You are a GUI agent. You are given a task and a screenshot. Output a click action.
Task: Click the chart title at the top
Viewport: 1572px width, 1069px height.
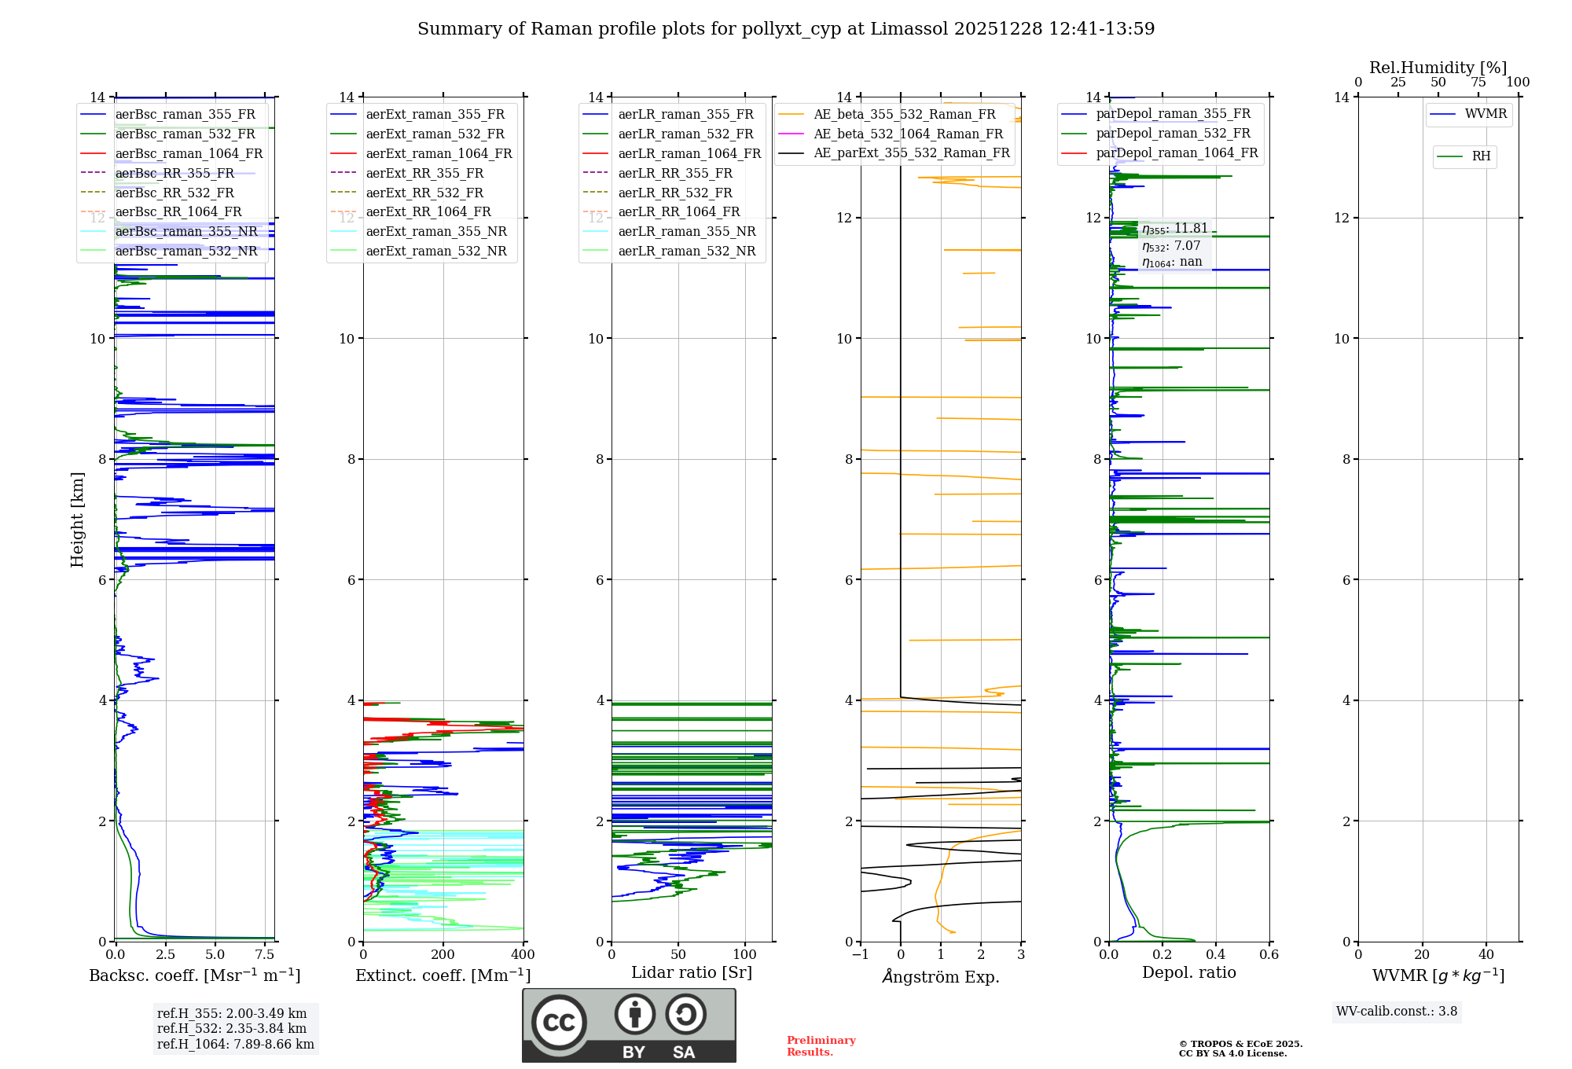pos(786,29)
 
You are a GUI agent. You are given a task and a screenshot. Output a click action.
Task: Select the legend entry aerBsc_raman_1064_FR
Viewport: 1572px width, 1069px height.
pos(189,153)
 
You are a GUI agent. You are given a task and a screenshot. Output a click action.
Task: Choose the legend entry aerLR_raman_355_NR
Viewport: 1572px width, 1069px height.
pos(686,231)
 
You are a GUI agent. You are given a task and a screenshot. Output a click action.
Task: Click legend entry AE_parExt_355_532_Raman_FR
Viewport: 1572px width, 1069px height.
pos(912,152)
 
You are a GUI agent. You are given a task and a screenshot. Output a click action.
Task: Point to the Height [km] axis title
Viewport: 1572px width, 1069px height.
pos(77,519)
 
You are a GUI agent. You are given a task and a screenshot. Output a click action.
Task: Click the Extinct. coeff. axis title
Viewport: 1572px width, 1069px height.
pos(443,975)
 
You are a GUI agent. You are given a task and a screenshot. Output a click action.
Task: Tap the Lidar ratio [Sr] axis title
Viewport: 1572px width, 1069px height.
pos(692,972)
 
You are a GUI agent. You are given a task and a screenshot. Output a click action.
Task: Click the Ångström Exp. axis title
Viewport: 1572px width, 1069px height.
pos(941,977)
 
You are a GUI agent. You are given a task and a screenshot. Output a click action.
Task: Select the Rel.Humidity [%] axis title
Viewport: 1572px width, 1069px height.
pos(1438,68)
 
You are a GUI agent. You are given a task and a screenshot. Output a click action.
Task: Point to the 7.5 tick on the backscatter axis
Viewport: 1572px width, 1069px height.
pos(265,955)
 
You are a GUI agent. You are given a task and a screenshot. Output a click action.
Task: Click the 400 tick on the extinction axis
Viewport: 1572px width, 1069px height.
pos(523,955)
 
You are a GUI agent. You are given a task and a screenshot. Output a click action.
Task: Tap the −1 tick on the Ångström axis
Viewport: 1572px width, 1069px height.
pos(861,955)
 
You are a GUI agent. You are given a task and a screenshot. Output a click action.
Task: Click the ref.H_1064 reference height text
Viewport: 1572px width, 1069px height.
pos(236,1044)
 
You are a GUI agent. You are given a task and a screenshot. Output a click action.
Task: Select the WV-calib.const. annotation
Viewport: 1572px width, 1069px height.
pos(1397,1011)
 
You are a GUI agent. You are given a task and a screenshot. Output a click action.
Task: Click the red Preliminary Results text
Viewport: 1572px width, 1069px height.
pos(821,1045)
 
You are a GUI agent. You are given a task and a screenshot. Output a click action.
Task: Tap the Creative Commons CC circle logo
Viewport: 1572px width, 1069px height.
pos(559,1022)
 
